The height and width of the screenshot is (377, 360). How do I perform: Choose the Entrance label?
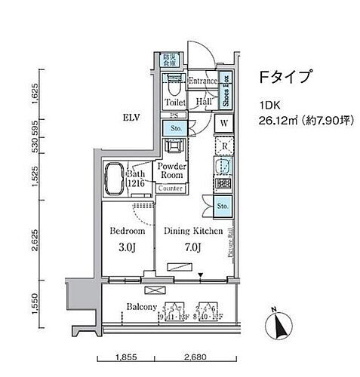[203, 81]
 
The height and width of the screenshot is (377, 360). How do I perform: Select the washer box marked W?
[225, 123]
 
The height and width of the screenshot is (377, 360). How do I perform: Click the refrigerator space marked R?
[224, 146]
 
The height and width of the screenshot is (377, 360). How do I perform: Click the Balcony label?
[140, 307]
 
